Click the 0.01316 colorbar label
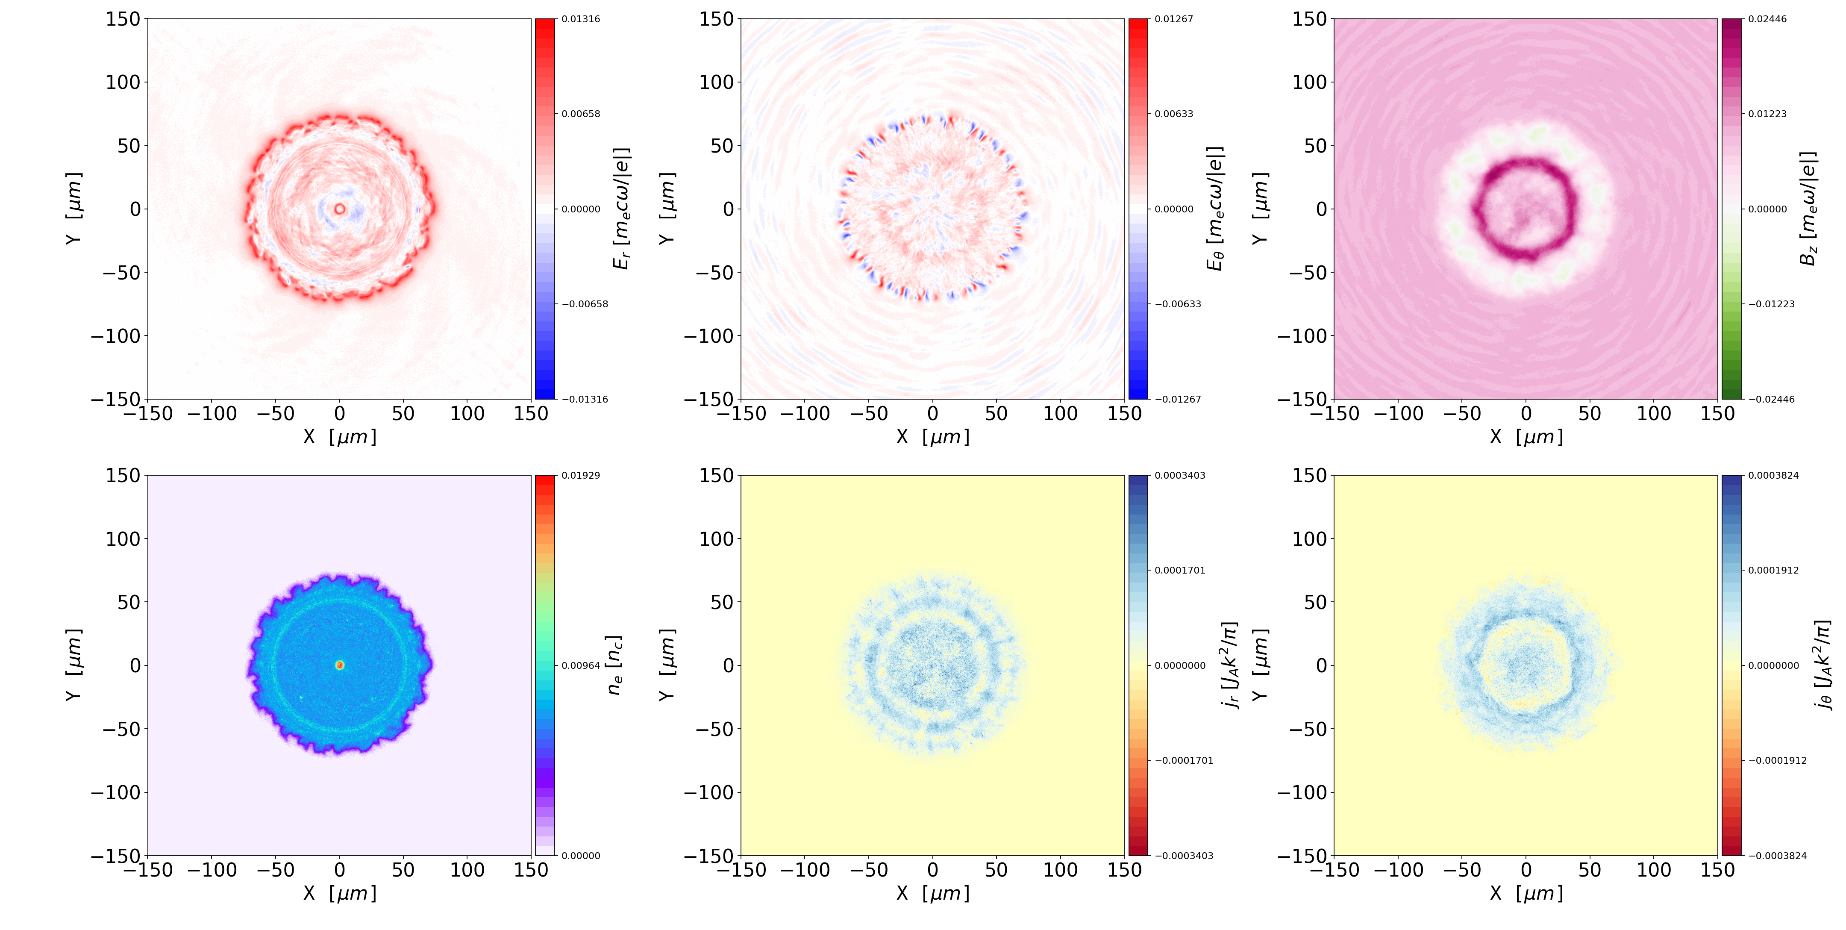click(x=580, y=19)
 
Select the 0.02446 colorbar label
click(x=1767, y=19)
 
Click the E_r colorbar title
click(x=622, y=209)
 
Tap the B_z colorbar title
click(x=1808, y=209)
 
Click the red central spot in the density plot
click(x=340, y=665)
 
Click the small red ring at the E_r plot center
click(x=340, y=209)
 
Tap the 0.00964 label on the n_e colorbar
click(x=580, y=665)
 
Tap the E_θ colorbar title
click(x=1215, y=209)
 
